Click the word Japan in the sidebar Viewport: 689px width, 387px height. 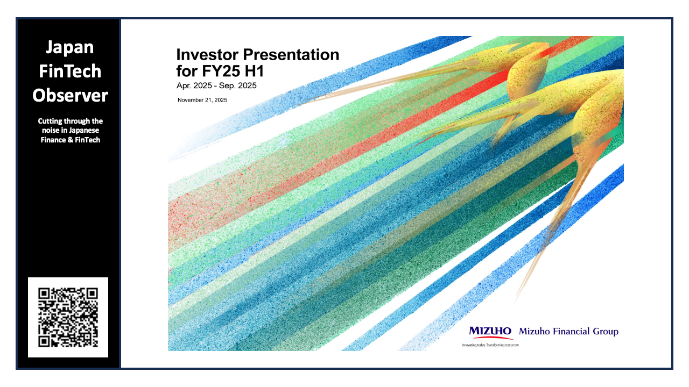point(70,48)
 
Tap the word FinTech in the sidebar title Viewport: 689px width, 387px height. point(70,71)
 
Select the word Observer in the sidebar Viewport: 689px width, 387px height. point(70,95)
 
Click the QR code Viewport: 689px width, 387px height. point(68,317)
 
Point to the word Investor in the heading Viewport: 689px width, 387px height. point(207,55)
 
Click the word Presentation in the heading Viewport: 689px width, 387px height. point(291,55)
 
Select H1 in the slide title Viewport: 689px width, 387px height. point(255,71)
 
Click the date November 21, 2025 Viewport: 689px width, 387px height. point(202,100)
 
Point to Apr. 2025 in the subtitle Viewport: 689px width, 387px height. point(194,85)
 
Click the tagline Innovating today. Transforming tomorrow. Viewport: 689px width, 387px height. point(490,345)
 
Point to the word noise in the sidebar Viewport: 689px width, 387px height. point(50,131)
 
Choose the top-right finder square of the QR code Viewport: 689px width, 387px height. point(92,294)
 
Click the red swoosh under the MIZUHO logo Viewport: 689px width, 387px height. point(491,338)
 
